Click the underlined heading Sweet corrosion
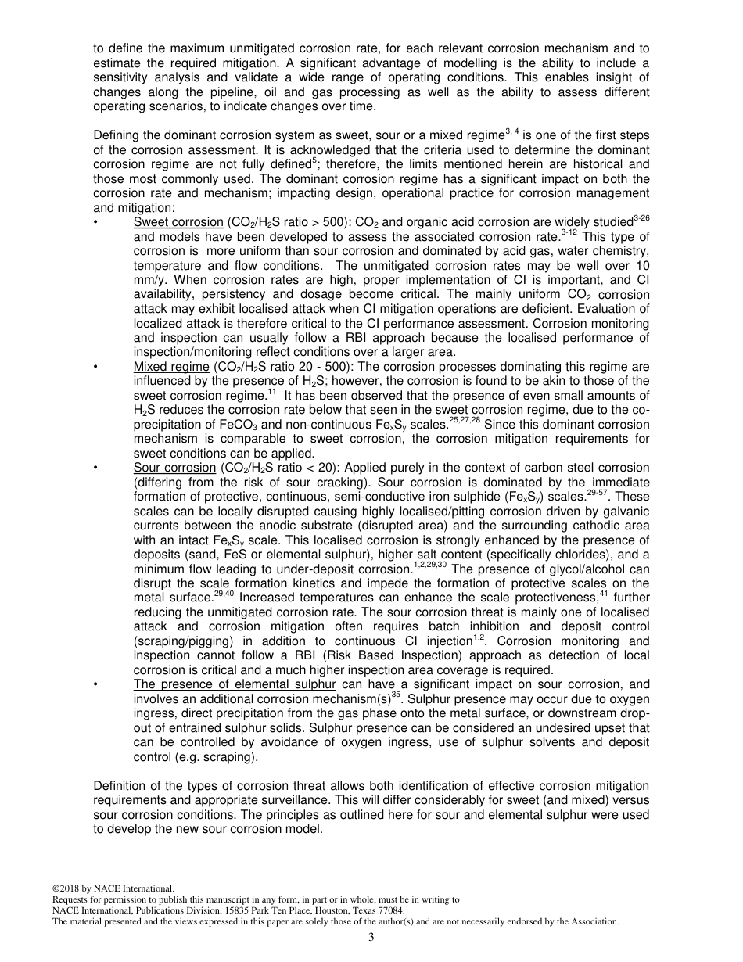click(x=178, y=222)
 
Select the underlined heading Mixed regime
click(x=171, y=366)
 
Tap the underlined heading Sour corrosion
click(x=174, y=468)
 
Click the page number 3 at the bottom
click(x=371, y=937)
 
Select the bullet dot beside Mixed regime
click(x=95, y=367)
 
